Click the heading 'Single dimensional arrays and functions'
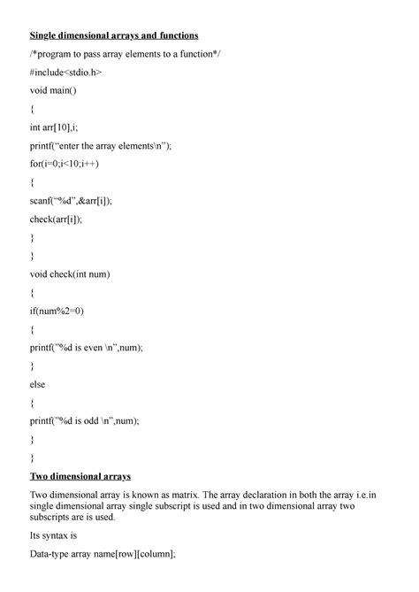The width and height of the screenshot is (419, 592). (x=114, y=35)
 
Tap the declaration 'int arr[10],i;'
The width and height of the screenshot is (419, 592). (x=64, y=127)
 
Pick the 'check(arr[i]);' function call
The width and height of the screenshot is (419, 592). (x=60, y=219)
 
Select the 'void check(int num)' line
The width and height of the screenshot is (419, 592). (x=72, y=274)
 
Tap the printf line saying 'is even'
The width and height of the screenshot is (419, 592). (x=86, y=348)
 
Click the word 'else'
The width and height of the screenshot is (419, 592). (x=37, y=384)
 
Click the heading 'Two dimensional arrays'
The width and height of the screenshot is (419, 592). (x=80, y=476)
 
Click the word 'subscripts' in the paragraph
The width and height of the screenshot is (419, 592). (x=55, y=517)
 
